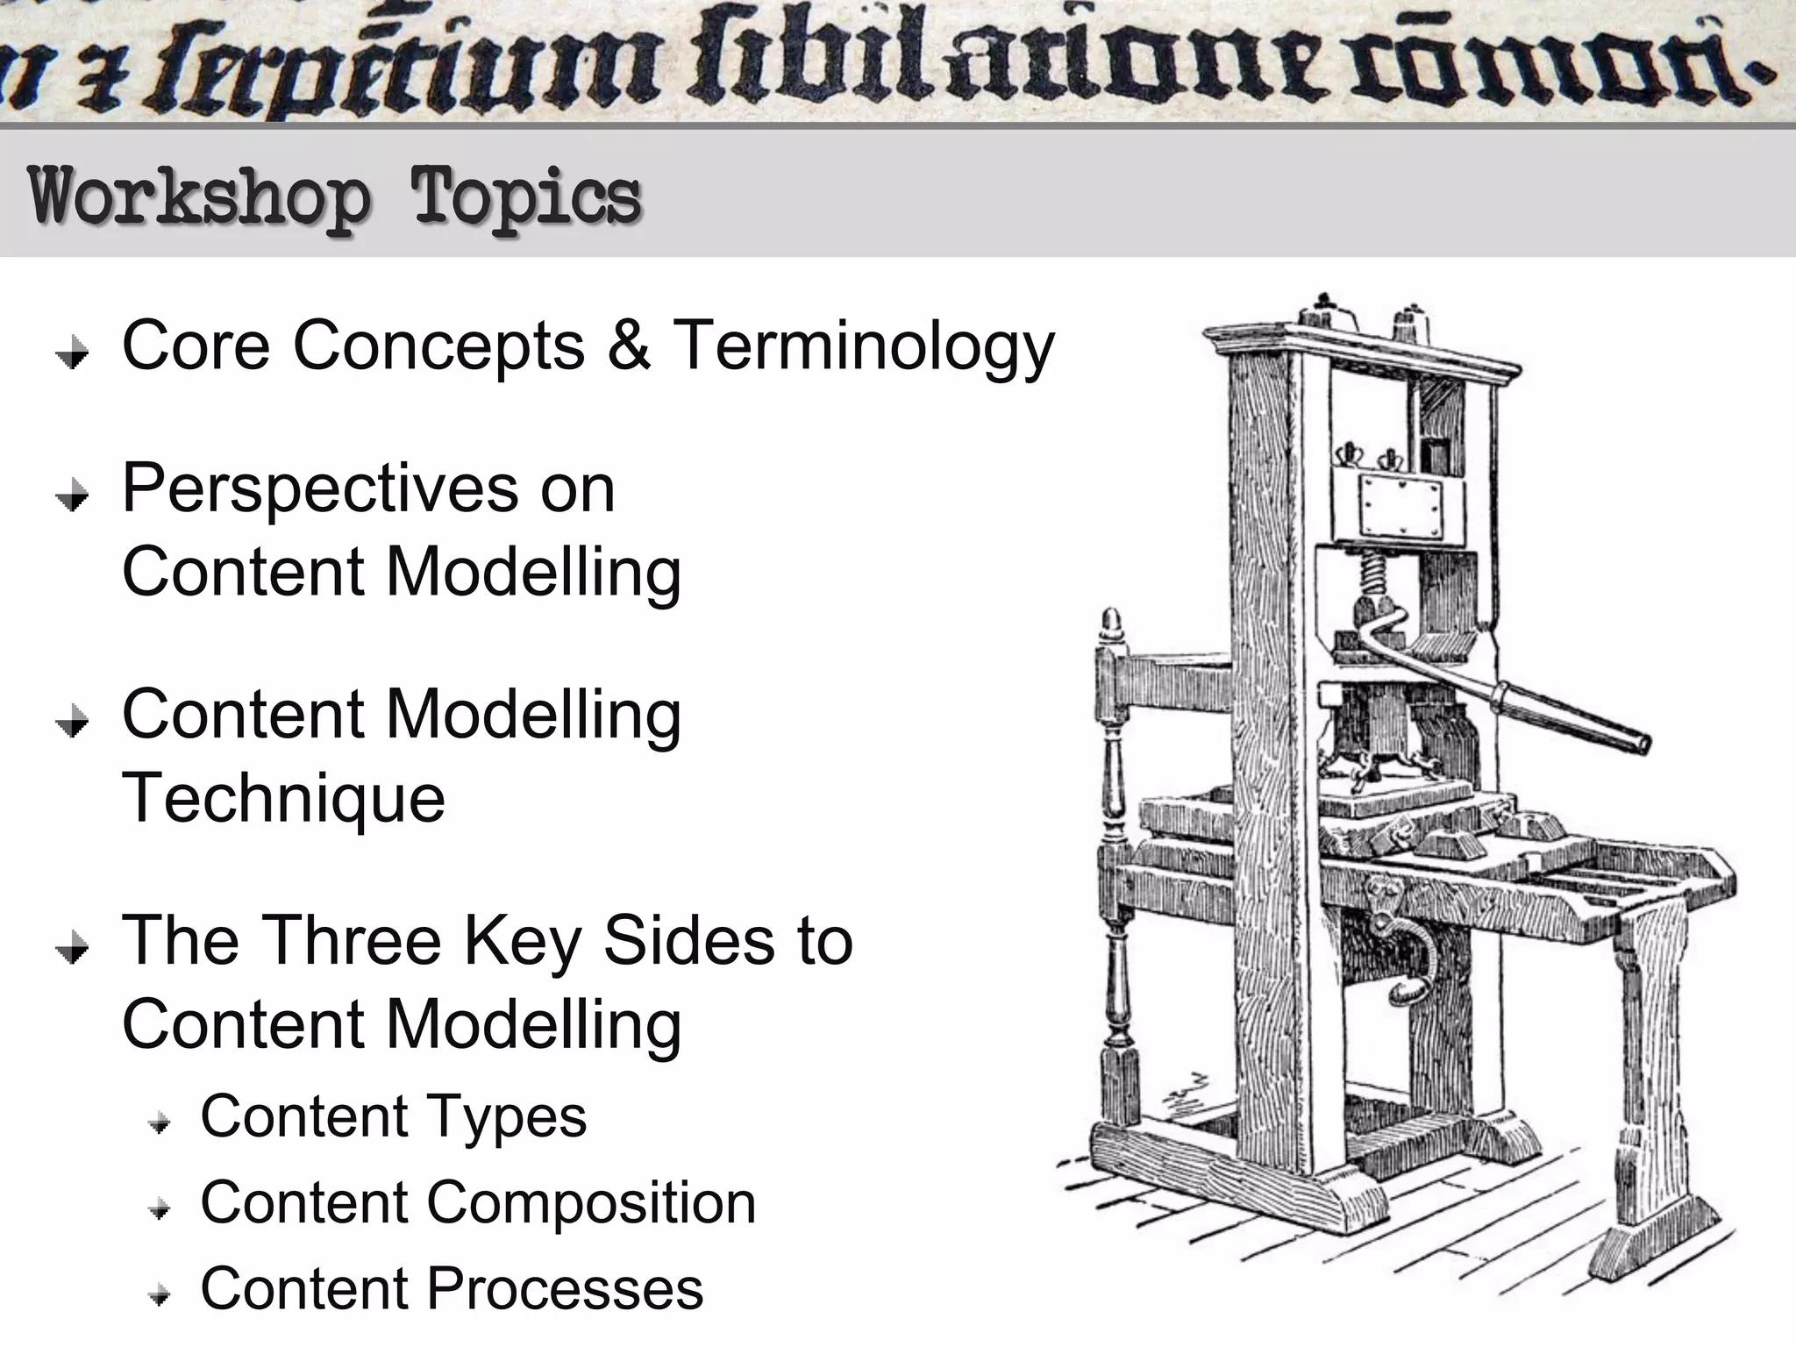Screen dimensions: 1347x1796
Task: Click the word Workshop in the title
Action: [x=200, y=198]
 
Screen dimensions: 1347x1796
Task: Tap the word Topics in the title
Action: [x=526, y=198]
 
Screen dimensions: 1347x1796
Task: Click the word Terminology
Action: [x=864, y=347]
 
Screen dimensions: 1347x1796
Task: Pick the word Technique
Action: [x=283, y=799]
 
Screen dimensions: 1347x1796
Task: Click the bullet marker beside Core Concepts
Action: [x=72, y=353]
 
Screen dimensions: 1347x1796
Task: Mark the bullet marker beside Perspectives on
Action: [x=72, y=496]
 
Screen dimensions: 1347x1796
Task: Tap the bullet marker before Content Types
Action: [x=159, y=1122]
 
